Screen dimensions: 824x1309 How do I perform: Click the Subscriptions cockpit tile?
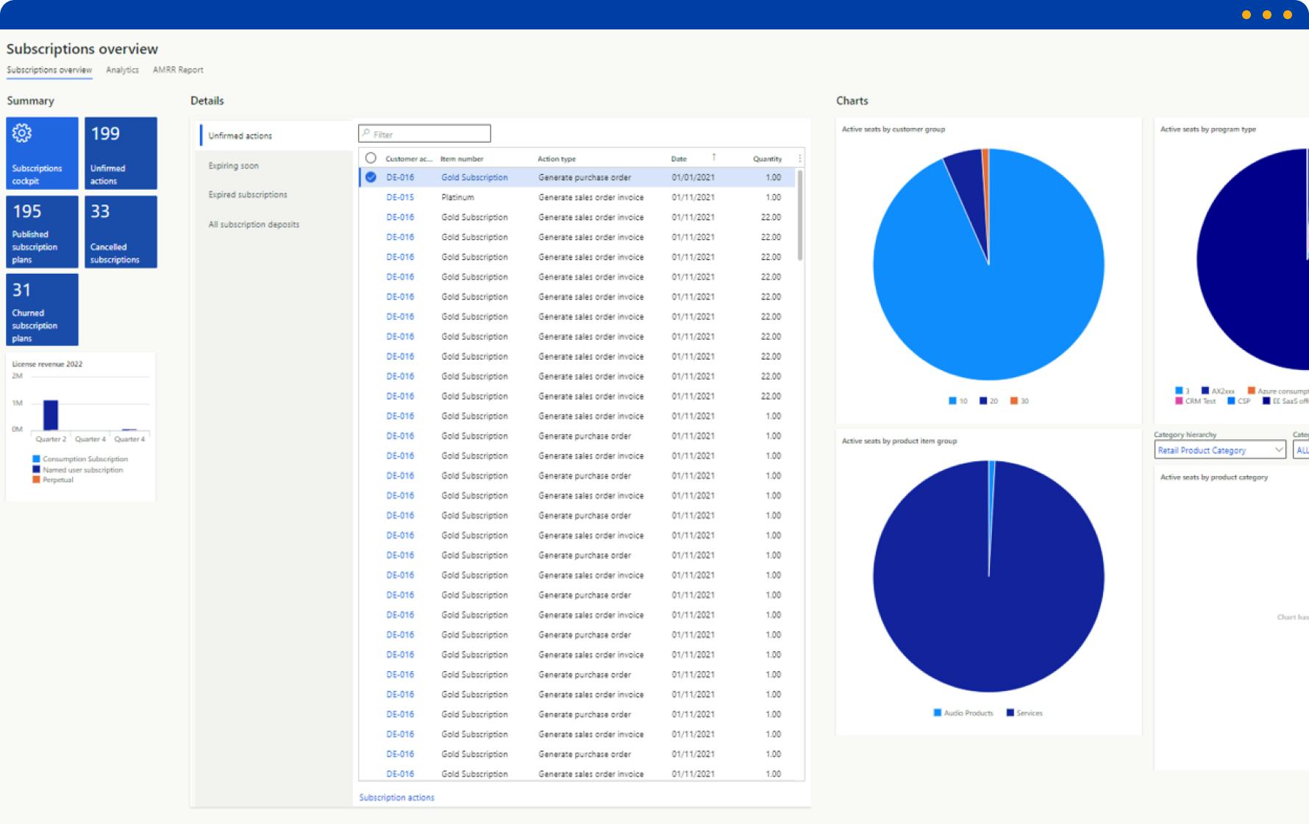pos(42,153)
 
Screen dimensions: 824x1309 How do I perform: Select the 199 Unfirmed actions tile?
pos(121,153)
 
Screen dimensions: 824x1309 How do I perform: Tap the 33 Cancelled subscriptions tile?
pos(121,232)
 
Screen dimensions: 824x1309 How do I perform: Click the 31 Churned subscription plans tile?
pos(42,310)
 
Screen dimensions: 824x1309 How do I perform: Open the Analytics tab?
pos(122,70)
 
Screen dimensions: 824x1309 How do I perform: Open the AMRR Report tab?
pos(178,70)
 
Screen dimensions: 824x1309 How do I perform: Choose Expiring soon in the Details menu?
pos(233,166)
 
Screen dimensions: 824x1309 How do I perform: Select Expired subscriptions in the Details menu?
pos(248,195)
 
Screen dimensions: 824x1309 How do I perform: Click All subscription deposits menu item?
pos(254,224)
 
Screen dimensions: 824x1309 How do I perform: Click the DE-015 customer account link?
pos(400,197)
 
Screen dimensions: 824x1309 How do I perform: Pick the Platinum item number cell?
pos(457,197)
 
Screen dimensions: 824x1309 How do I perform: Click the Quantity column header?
pos(767,159)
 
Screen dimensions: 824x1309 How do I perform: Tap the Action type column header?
pos(557,159)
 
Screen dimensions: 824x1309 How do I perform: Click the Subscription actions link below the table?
pos(396,798)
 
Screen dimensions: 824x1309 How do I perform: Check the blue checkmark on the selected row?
pos(371,177)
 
